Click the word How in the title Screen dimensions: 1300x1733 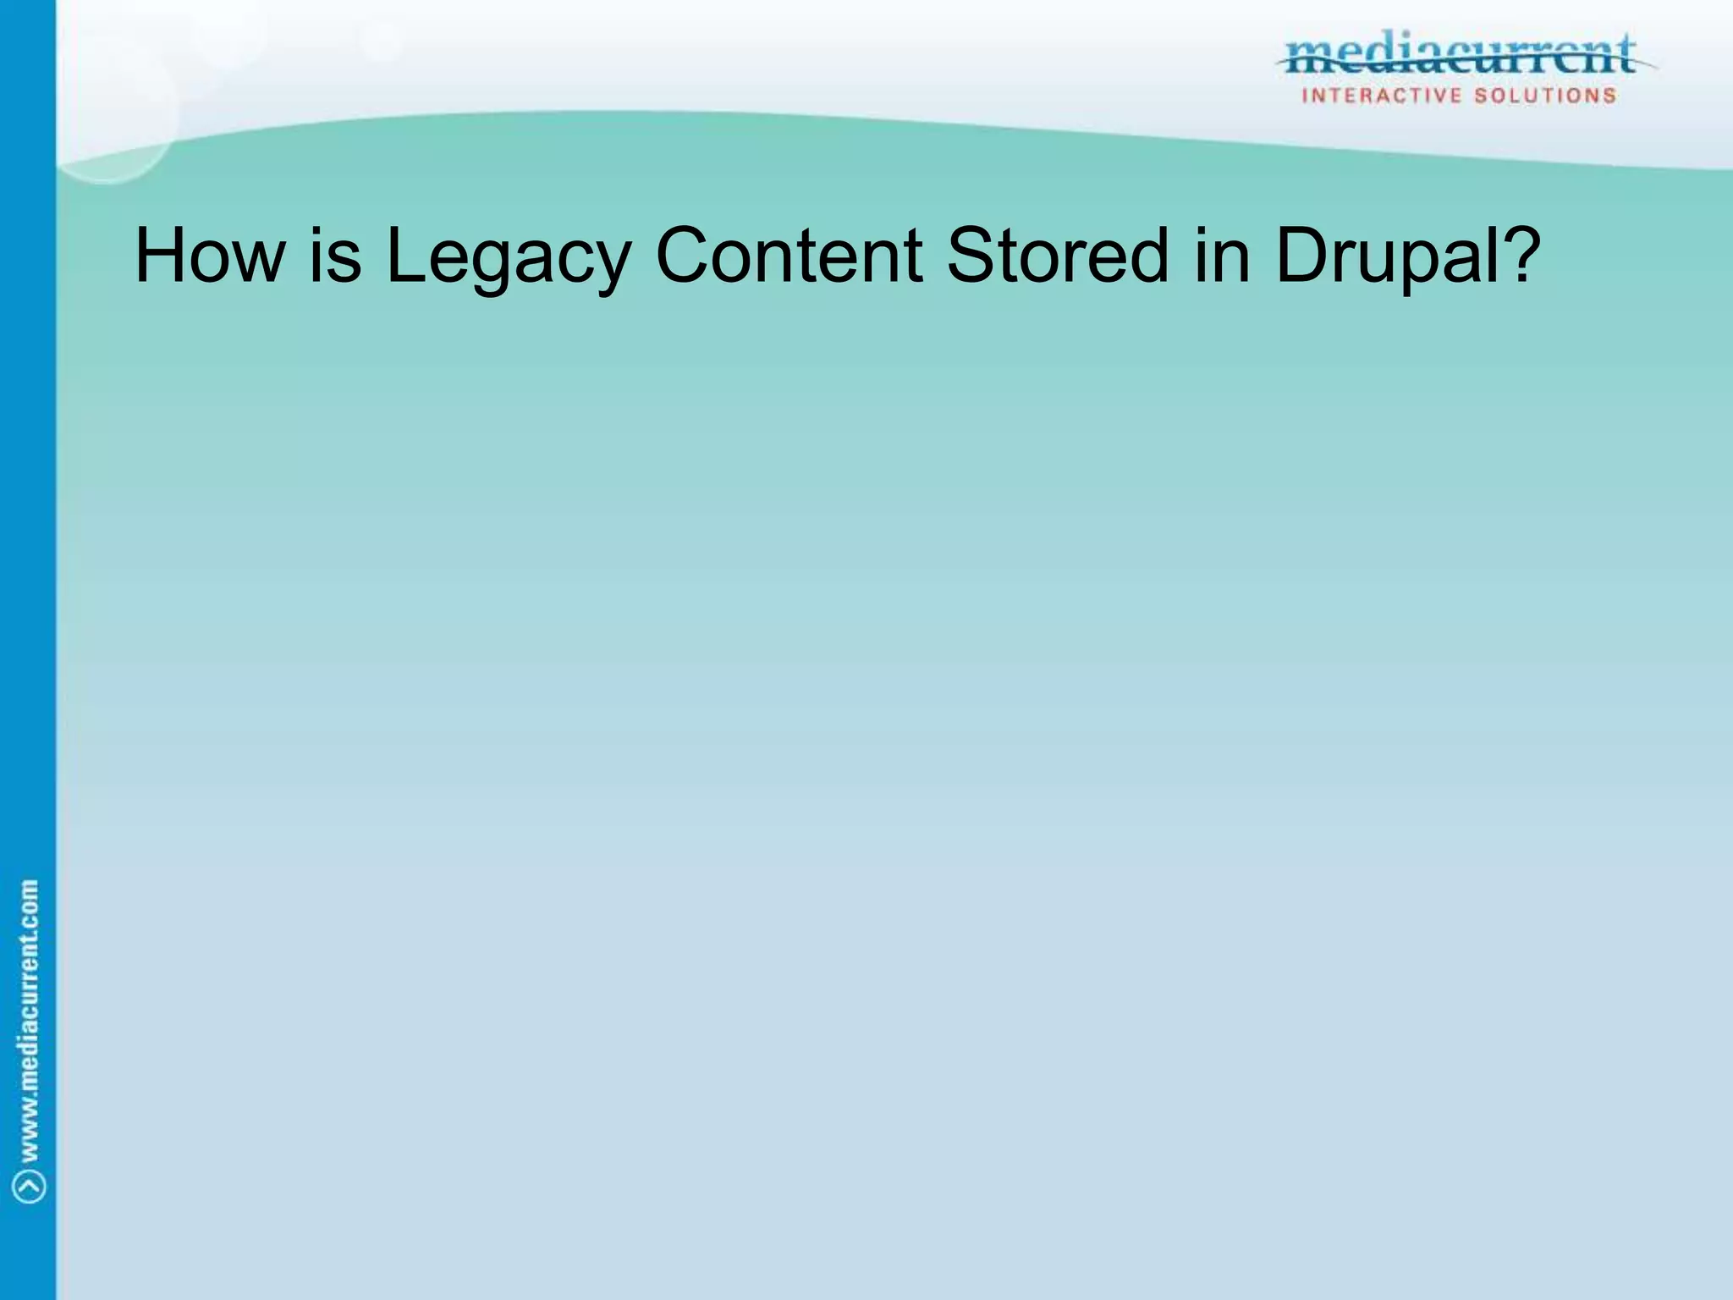(x=210, y=256)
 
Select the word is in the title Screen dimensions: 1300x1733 (x=335, y=256)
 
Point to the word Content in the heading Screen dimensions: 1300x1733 (x=789, y=256)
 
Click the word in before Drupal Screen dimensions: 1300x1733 (x=1222, y=256)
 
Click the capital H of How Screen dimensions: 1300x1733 (x=159, y=256)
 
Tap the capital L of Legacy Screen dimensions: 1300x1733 (x=404, y=256)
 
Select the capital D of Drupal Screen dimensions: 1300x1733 (x=1303, y=256)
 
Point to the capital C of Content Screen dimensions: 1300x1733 (x=686, y=256)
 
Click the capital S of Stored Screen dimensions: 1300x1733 (x=972, y=256)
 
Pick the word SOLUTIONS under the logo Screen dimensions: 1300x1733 (x=1545, y=96)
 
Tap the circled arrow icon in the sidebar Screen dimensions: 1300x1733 (x=30, y=1187)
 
